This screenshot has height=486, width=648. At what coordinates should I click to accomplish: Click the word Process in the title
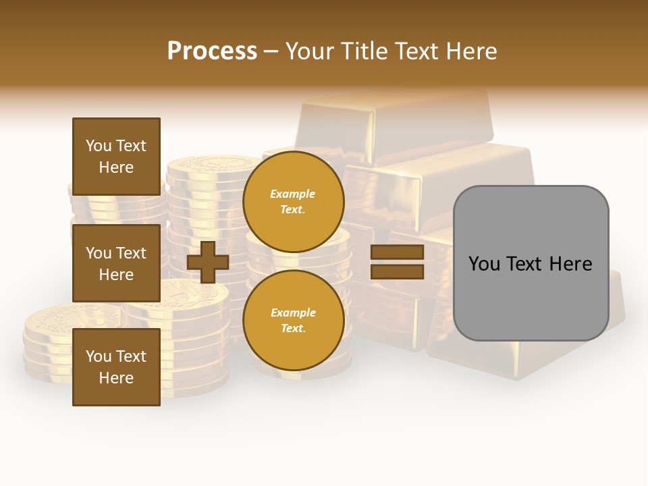[212, 51]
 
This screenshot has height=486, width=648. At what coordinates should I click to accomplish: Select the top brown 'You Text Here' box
[116, 157]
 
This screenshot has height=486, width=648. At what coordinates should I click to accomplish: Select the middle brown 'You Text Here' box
[116, 263]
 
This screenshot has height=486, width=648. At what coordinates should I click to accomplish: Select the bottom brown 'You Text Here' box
[116, 367]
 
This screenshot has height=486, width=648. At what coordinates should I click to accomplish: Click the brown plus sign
[208, 263]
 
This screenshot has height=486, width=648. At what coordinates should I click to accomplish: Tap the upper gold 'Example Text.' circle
[294, 201]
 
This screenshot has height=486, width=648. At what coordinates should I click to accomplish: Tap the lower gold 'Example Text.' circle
[294, 321]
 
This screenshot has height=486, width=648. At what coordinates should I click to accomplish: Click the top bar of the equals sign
[397, 252]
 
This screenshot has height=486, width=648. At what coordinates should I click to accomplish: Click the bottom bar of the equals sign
[397, 272]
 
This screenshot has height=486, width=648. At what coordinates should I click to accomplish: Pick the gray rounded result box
[531, 297]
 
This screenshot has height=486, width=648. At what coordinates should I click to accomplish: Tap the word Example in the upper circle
[293, 194]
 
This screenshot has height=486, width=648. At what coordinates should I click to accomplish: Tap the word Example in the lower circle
[293, 313]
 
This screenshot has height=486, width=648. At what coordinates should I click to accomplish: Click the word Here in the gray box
[571, 264]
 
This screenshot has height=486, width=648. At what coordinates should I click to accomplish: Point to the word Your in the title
[310, 51]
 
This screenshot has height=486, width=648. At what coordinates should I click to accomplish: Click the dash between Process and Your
[271, 52]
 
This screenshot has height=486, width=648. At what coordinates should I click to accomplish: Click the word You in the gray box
[485, 264]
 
